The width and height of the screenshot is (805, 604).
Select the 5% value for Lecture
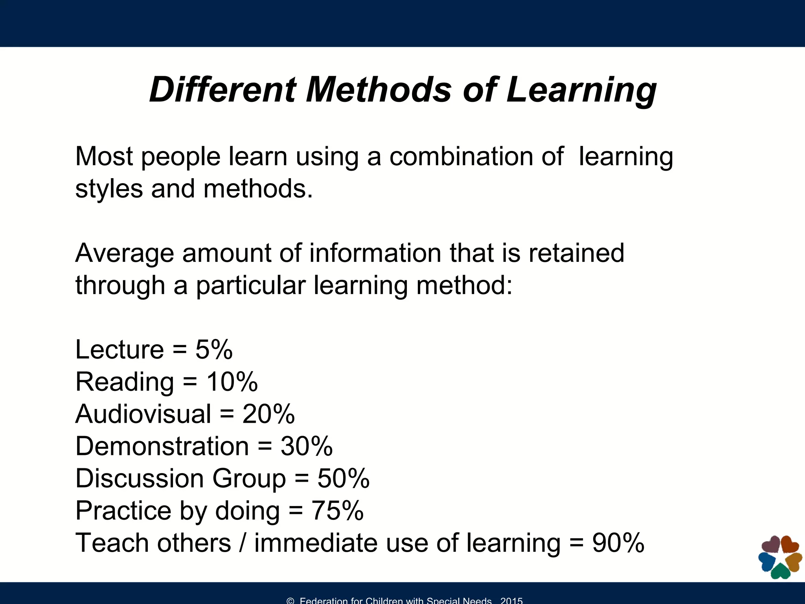coord(214,349)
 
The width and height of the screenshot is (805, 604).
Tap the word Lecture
coord(119,349)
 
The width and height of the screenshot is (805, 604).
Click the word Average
coord(124,253)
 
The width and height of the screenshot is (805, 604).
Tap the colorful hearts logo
coord(780,557)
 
